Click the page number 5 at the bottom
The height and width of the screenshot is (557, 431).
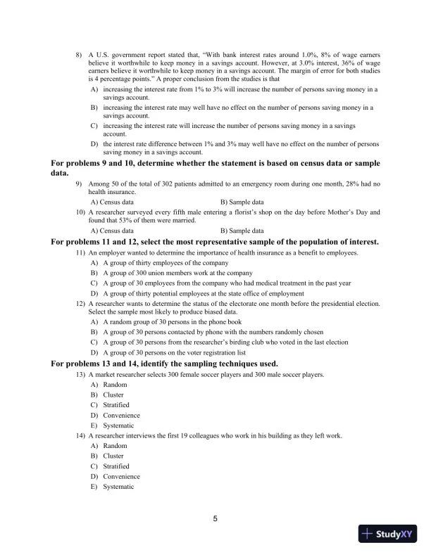(x=216, y=519)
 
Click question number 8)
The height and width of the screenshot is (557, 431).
(x=80, y=54)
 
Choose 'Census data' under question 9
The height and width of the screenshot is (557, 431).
(x=112, y=201)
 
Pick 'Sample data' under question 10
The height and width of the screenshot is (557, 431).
(x=242, y=230)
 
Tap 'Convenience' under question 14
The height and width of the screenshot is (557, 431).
(x=121, y=476)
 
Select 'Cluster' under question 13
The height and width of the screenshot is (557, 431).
(x=113, y=395)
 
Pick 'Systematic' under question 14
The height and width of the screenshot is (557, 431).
(x=118, y=487)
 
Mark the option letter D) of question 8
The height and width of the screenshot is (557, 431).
(x=94, y=144)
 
